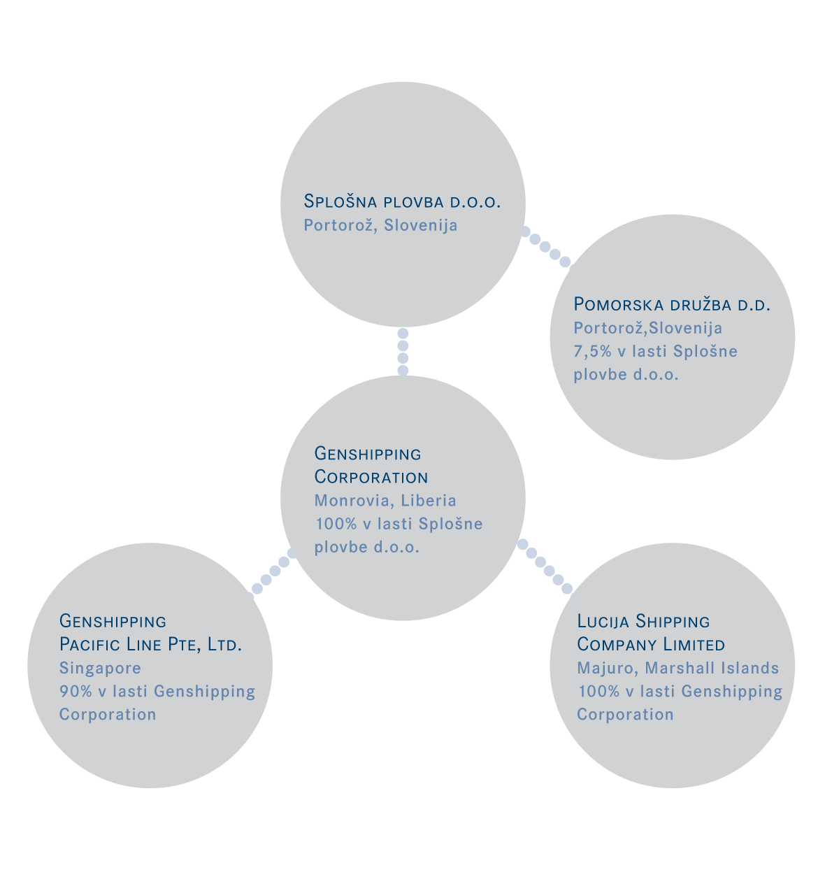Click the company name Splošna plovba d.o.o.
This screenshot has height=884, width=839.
402,201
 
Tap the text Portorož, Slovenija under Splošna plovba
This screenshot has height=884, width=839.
380,224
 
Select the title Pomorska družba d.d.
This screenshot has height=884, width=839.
672,304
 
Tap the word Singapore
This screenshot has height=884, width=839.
100,668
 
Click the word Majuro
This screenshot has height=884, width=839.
608,668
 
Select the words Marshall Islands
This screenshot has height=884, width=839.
712,668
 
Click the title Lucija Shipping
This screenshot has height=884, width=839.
643,622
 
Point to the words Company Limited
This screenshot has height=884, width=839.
651,644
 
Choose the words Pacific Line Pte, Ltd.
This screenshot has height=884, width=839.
150,645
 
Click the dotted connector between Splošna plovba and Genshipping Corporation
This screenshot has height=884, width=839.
403,352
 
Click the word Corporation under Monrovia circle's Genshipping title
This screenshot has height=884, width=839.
371,477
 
